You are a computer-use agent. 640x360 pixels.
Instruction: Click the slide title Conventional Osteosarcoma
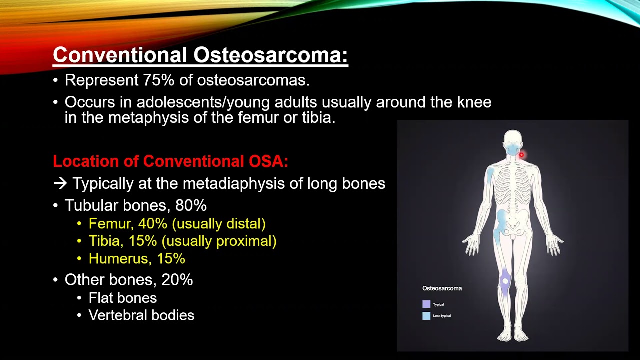tap(200, 55)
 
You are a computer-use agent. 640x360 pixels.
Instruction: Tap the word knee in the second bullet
tap(474, 102)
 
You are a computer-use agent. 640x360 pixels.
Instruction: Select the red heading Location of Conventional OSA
tap(170, 161)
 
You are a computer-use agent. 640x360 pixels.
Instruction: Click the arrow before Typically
tap(60, 184)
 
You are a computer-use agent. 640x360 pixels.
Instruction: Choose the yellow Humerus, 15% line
tap(137, 258)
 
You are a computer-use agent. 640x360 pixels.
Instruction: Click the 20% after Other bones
tap(177, 280)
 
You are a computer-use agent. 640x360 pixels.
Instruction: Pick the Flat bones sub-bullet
tap(123, 298)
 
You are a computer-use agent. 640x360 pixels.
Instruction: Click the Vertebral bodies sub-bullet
tap(141, 315)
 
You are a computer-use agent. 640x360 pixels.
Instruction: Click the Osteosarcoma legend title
tap(442, 288)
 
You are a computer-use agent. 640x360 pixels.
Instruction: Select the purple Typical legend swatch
tap(426, 304)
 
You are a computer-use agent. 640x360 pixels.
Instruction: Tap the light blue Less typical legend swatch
tap(426, 316)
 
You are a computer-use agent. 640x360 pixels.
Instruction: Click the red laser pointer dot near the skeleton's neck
tap(521, 155)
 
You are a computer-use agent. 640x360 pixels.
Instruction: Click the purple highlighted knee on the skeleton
tap(505, 281)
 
